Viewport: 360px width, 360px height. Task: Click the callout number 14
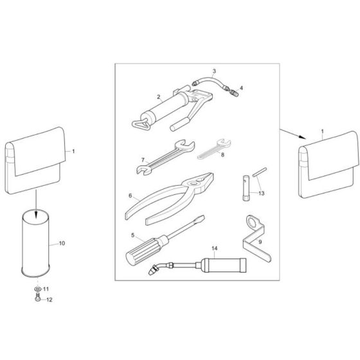pos(215,248)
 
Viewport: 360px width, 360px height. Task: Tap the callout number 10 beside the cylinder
pos(62,243)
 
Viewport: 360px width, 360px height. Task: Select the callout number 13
pos(261,194)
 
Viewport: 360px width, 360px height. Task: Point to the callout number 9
pos(260,242)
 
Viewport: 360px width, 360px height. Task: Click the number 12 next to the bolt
pos(50,300)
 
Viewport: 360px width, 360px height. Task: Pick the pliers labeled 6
pos(170,199)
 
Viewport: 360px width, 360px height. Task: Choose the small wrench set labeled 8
pos(214,149)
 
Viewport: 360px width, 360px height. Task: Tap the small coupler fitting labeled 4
pos(234,93)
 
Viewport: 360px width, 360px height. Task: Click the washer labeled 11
pos(37,289)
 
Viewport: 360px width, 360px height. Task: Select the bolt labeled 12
pos(37,296)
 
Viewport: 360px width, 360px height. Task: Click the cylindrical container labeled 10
pos(35,244)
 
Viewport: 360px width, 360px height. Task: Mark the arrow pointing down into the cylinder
pos(36,204)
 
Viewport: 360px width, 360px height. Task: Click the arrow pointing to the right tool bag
pos(293,134)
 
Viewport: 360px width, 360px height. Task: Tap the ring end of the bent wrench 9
pos(253,222)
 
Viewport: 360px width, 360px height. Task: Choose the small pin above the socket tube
pos(260,172)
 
